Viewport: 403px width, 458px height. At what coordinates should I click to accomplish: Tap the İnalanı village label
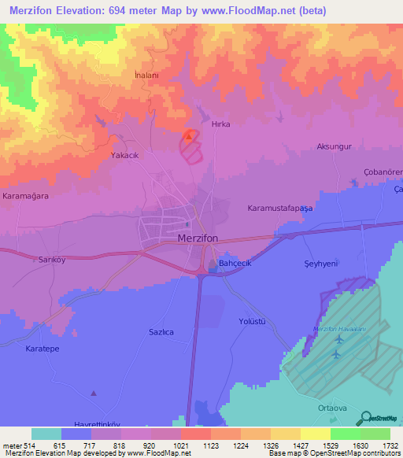[147, 75]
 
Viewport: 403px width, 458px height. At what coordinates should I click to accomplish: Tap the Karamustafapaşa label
[280, 209]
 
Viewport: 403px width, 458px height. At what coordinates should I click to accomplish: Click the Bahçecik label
[235, 263]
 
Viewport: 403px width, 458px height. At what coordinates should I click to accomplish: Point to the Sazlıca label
[161, 333]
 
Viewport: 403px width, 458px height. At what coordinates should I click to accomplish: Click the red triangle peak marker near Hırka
[188, 135]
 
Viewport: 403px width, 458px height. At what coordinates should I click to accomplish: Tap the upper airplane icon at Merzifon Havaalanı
[339, 339]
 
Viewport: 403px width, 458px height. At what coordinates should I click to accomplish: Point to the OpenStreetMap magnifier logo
[364, 417]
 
